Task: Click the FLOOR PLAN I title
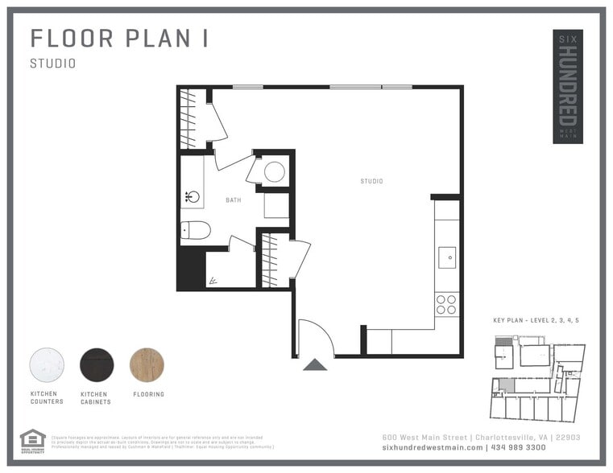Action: pyautogui.click(x=119, y=39)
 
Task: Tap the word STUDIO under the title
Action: pyautogui.click(x=53, y=64)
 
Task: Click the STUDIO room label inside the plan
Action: pyautogui.click(x=371, y=181)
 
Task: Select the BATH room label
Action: pyautogui.click(x=233, y=200)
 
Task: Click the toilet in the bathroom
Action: pyautogui.click(x=195, y=231)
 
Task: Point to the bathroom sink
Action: pyautogui.click(x=192, y=196)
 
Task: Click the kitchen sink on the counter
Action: pyautogui.click(x=446, y=257)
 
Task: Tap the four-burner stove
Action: pyautogui.click(x=446, y=304)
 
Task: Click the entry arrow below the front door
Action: pyautogui.click(x=315, y=365)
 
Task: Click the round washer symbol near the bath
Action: pyautogui.click(x=274, y=171)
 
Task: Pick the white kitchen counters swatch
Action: pyautogui.click(x=47, y=364)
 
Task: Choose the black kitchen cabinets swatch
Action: pyautogui.click(x=97, y=364)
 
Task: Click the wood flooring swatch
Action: pyautogui.click(x=147, y=364)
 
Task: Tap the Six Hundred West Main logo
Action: pyautogui.click(x=567, y=87)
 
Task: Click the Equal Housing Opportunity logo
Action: pyautogui.click(x=31, y=441)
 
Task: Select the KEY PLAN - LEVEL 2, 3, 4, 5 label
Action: pyautogui.click(x=536, y=320)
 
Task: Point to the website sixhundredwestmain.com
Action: pyautogui.click(x=433, y=447)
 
